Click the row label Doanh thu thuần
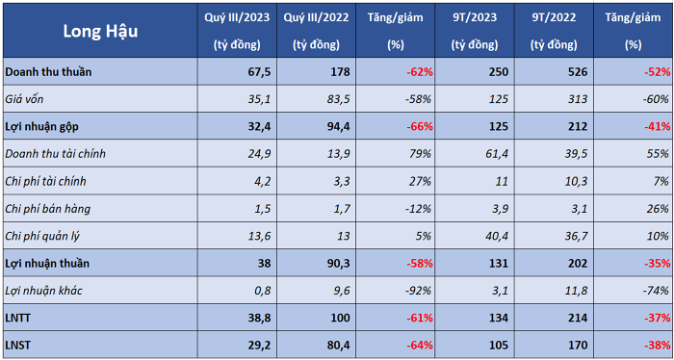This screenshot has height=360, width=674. tap(48, 72)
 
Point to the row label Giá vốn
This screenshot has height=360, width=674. tap(24, 99)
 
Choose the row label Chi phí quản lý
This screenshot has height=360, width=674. tap(42, 236)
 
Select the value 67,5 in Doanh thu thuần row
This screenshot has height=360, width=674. tap(260, 72)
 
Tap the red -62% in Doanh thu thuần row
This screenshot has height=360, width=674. tap(419, 72)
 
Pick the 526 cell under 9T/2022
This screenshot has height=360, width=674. tap(577, 72)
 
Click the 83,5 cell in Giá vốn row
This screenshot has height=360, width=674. tap(338, 99)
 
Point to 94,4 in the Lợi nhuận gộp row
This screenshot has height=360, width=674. tap(338, 127)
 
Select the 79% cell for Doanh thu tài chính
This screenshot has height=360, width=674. tap(421, 154)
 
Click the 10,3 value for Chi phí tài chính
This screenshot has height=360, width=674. tap(576, 181)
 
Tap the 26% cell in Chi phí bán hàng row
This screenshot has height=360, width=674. tap(659, 209)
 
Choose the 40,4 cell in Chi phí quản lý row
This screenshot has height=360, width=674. tap(496, 236)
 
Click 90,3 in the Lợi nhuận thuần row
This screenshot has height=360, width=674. tap(338, 263)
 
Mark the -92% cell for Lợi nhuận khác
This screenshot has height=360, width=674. tap(419, 291)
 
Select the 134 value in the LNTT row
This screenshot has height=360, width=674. tap(499, 318)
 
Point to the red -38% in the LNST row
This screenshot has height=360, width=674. tap(658, 345)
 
